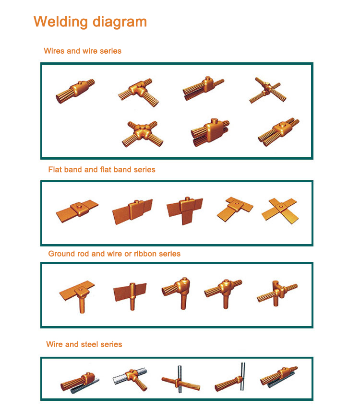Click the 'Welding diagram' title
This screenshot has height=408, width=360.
click(x=90, y=22)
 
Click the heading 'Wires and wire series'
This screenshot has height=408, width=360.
click(x=83, y=51)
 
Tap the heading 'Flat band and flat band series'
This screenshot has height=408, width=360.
click(x=102, y=169)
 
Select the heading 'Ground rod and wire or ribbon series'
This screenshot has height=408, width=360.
click(x=114, y=254)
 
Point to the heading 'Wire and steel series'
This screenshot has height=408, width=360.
click(x=84, y=344)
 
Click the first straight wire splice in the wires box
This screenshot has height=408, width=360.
click(x=75, y=91)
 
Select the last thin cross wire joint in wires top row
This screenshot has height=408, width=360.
click(x=268, y=90)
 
